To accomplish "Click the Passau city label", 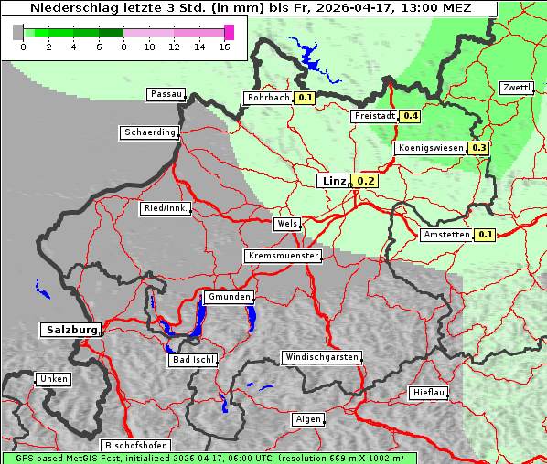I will click(166, 94).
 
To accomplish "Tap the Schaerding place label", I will click(149, 132).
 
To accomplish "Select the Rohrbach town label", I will click(267, 98).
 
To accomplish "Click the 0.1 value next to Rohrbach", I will click(306, 98).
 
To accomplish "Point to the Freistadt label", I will click(374, 116).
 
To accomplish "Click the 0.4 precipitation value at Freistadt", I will click(411, 116).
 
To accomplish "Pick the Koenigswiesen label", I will click(430, 147).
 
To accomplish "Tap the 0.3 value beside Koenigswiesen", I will click(479, 147).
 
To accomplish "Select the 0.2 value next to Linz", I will click(366, 181).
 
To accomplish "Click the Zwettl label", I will click(516, 88).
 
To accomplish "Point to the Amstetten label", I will click(446, 235).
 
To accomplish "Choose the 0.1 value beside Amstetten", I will click(486, 235).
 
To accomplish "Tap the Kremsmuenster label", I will click(283, 256).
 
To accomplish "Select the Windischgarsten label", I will click(320, 356).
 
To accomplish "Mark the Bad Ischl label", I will click(193, 360).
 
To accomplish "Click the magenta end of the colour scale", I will click(229, 32).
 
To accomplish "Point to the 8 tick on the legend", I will click(123, 47).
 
